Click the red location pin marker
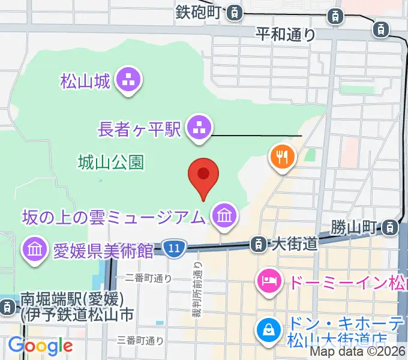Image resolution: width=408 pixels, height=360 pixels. point(203,175)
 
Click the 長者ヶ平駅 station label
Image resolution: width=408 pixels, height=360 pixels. point(140,128)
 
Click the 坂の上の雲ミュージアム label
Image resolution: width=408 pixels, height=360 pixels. point(115,215)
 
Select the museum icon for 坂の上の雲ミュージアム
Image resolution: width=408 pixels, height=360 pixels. point(225,215)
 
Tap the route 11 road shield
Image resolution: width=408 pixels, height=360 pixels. point(174,247)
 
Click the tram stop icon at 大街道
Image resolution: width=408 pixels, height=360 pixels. point(258,244)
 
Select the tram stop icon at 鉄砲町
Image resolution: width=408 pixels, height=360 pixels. point(236,12)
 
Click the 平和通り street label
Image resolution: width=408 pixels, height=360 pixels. point(286,34)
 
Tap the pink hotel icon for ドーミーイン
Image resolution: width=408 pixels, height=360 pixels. point(268,279)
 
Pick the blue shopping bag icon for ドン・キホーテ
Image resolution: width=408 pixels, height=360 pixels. point(266,329)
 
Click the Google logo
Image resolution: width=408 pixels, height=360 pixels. point(40,346)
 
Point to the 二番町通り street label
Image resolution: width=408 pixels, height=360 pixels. point(148,278)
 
